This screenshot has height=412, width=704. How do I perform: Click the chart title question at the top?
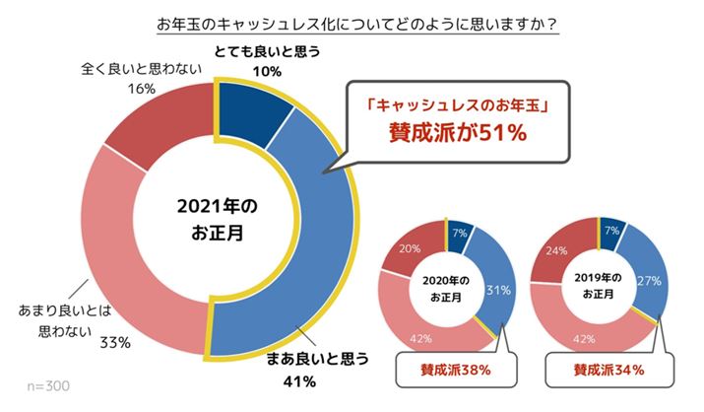(x=352, y=22)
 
